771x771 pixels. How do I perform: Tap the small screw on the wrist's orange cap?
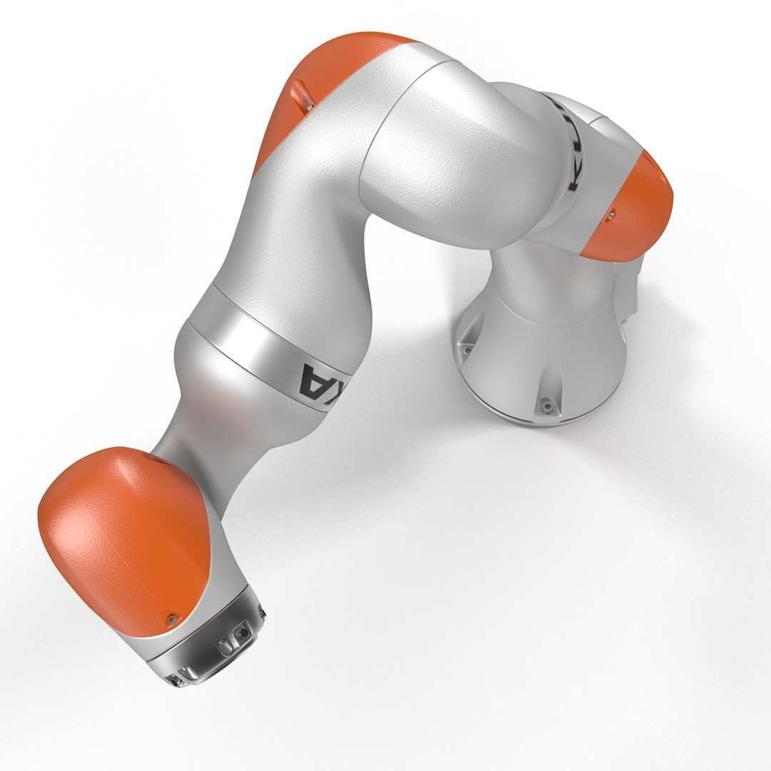(x=171, y=618)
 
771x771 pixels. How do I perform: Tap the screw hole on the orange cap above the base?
(x=611, y=213)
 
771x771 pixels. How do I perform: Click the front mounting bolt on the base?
(x=547, y=406)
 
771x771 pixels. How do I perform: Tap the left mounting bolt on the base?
(x=467, y=351)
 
